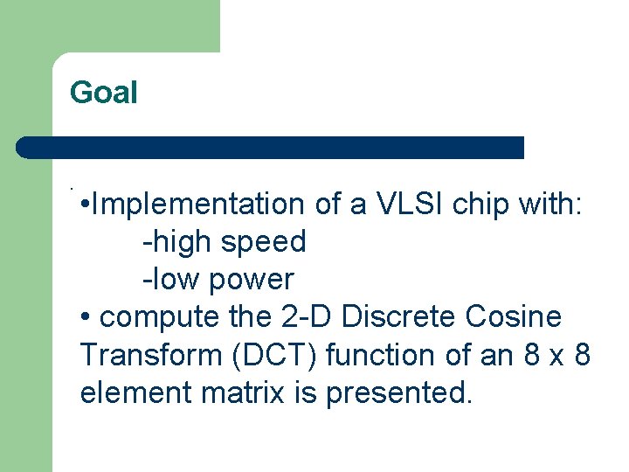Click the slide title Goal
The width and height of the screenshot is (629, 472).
(104, 92)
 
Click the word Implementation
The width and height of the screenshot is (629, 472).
(197, 204)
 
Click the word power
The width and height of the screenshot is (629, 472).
(256, 281)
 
